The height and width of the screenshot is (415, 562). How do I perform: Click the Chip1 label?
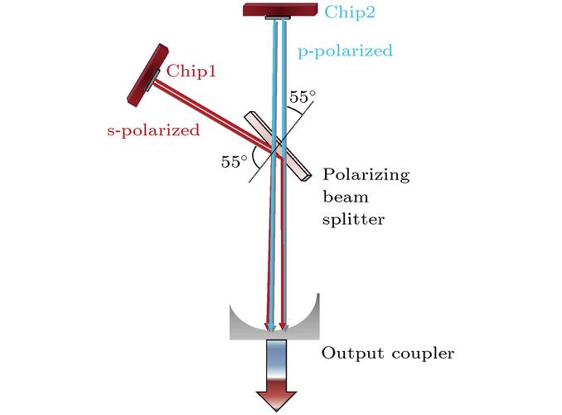191,71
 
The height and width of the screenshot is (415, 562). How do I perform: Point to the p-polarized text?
345,51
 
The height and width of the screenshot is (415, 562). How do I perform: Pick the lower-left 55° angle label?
235,162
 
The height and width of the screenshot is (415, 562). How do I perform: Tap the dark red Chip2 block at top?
279,8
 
